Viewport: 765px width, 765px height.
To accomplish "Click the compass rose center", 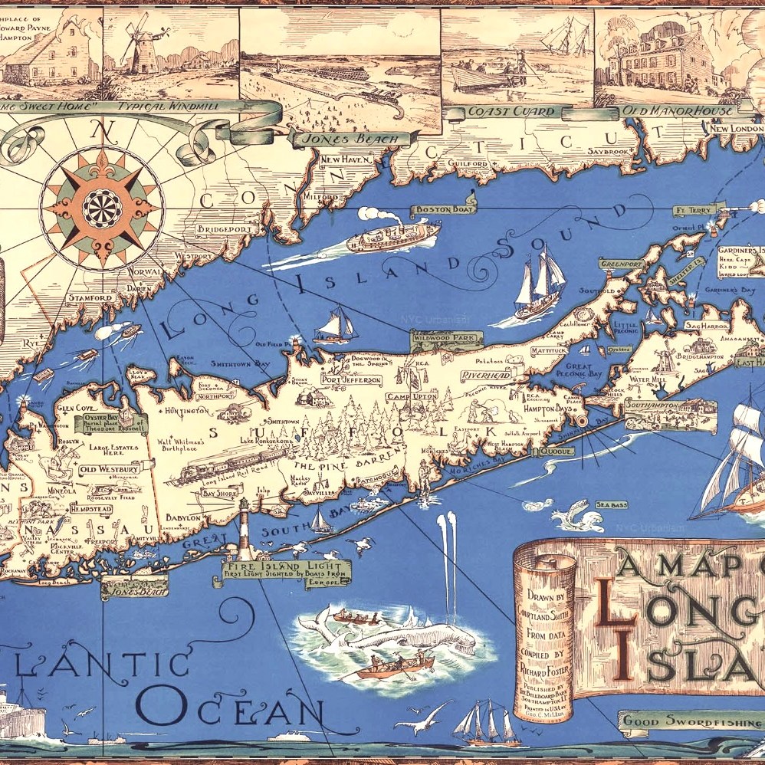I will (101, 205).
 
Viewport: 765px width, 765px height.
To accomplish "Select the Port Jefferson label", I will (351, 380).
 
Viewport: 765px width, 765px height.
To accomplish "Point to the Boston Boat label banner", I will (444, 208).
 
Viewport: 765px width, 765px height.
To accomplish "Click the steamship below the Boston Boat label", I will (391, 237).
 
